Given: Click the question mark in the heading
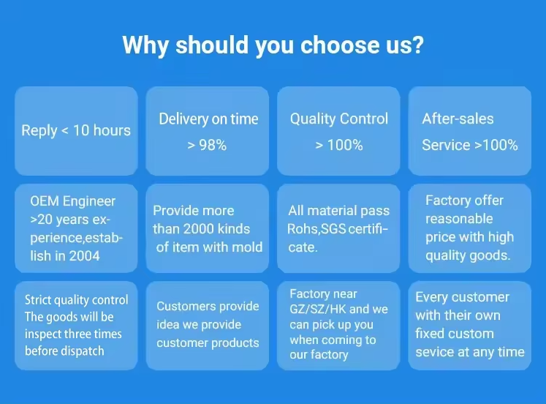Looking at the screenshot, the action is (x=417, y=45).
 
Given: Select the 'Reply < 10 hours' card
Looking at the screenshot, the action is (x=76, y=131).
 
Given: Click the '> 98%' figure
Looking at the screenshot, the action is (x=207, y=145).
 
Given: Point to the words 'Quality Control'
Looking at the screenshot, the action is (x=339, y=119).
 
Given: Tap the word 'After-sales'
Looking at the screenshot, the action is (x=458, y=119).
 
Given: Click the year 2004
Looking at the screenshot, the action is (x=85, y=256).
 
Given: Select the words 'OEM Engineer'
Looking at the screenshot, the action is (x=72, y=201).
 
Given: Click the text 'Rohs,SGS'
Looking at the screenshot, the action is (x=316, y=229).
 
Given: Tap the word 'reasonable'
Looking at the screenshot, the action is (x=459, y=219).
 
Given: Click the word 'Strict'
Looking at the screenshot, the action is (x=37, y=300).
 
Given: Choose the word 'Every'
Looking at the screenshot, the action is (x=431, y=297).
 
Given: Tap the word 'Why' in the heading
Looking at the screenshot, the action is (x=145, y=45).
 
